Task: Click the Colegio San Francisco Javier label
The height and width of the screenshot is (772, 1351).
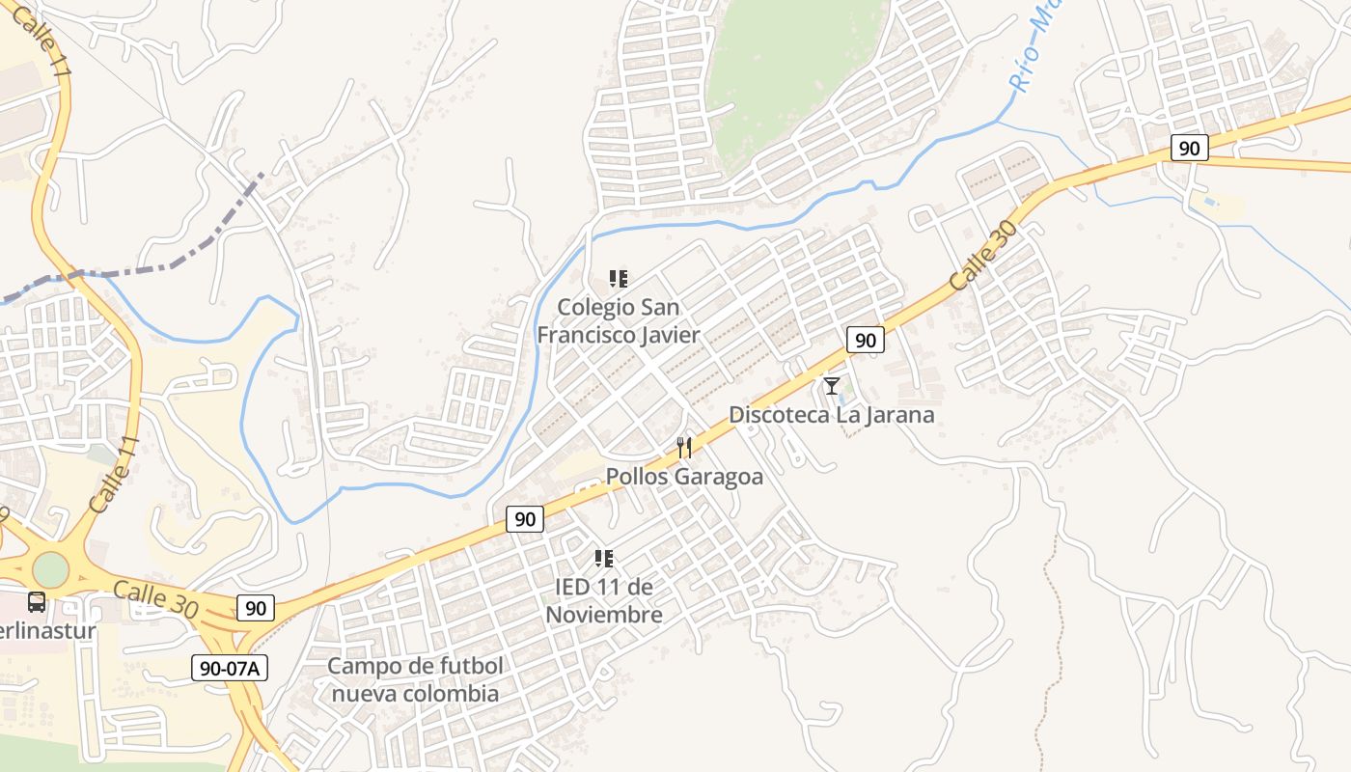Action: coord(618,321)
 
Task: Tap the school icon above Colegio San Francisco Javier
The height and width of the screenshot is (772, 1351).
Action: coord(619,280)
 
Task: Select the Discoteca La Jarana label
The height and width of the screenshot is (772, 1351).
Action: coord(831,415)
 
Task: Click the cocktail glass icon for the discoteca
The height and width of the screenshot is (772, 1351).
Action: coord(831,386)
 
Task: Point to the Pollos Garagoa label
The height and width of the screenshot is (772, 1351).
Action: coord(684,477)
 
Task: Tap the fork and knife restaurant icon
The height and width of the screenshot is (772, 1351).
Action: coord(684,447)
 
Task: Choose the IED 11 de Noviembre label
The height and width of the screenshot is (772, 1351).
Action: coord(604,600)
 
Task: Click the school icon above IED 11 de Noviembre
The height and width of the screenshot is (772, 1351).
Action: coord(604,559)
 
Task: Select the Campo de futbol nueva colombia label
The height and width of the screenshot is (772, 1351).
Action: coord(414,679)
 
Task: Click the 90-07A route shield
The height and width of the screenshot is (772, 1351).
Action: coord(230,668)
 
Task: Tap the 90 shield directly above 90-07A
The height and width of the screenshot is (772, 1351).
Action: coord(255,608)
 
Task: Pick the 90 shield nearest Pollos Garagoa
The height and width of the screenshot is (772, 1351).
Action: coord(525,519)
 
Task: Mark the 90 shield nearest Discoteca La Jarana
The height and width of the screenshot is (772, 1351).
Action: coord(866,340)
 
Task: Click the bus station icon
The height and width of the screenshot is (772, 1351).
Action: coord(37,602)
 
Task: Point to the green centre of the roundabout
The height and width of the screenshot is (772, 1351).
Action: coord(49,569)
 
